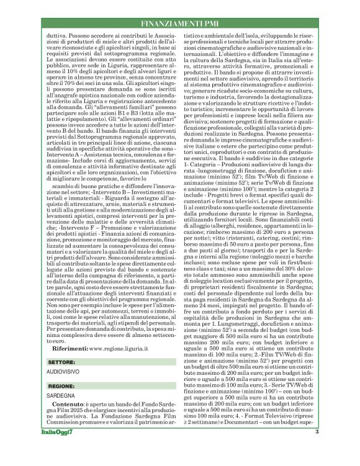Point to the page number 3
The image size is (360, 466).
tap(317, 450)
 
